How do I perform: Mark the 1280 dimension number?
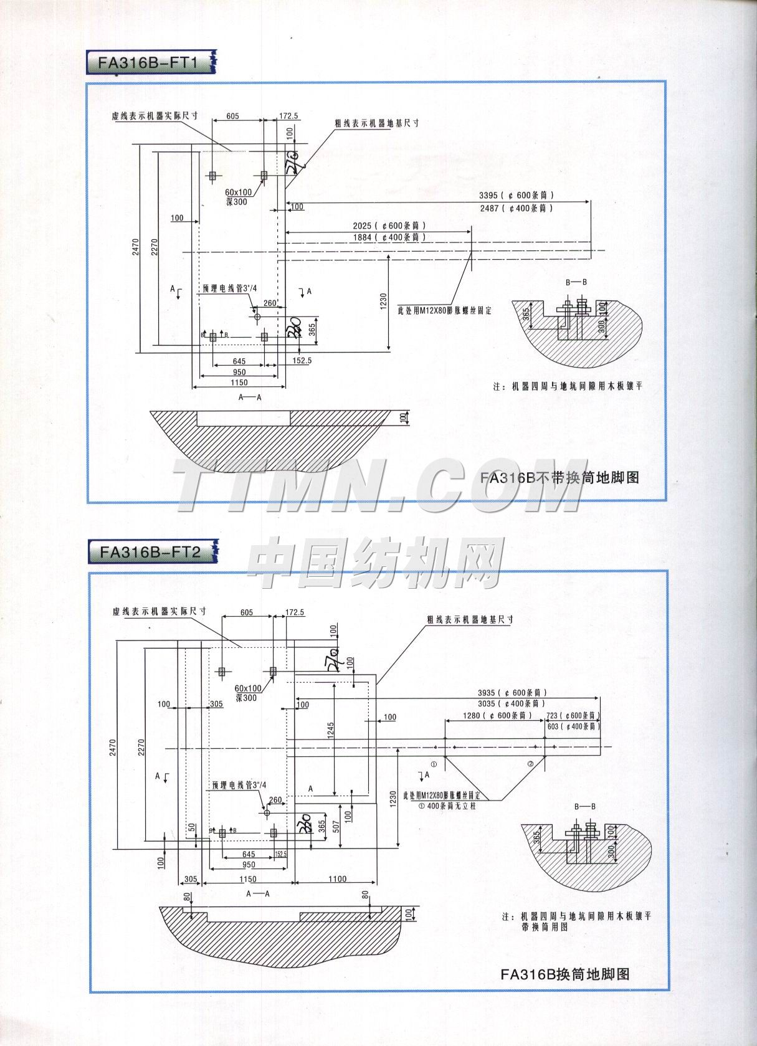(x=472, y=715)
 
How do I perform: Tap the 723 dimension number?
(x=552, y=716)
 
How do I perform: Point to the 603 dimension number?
(x=552, y=726)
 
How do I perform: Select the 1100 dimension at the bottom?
(x=336, y=879)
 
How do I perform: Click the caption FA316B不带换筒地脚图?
(x=559, y=478)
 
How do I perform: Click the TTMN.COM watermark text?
(x=378, y=485)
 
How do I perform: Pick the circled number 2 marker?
(x=531, y=764)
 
